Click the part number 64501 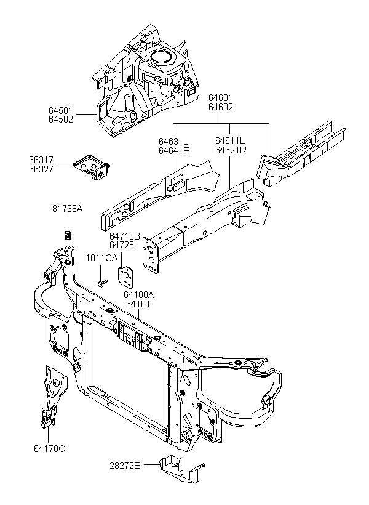[x=61, y=110]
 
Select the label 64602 [x=221, y=107]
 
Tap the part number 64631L [x=173, y=142]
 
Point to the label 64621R [x=231, y=150]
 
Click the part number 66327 [x=41, y=169]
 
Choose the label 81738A [x=68, y=209]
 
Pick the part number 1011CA [x=101, y=258]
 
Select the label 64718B [x=124, y=236]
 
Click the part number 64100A [x=138, y=295]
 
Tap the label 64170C [x=49, y=448]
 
